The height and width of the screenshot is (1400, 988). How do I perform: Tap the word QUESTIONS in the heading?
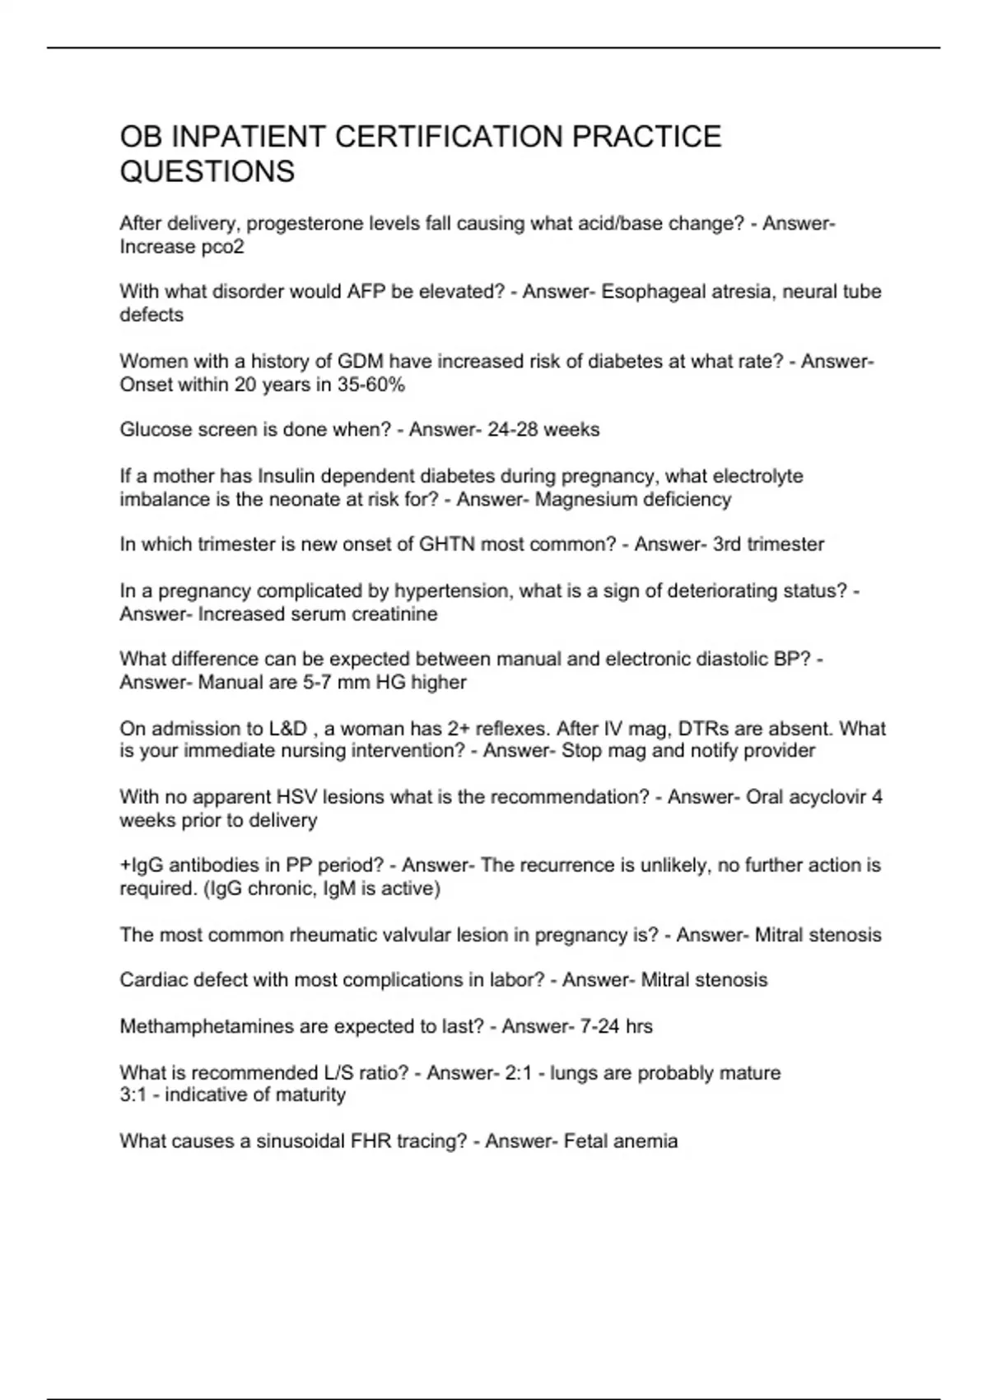click(207, 172)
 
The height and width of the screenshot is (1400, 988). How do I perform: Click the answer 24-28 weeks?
click(543, 430)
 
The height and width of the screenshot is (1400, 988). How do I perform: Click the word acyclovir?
click(827, 797)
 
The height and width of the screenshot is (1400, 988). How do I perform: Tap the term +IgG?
click(140, 866)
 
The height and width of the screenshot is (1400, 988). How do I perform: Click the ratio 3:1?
click(133, 1095)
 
